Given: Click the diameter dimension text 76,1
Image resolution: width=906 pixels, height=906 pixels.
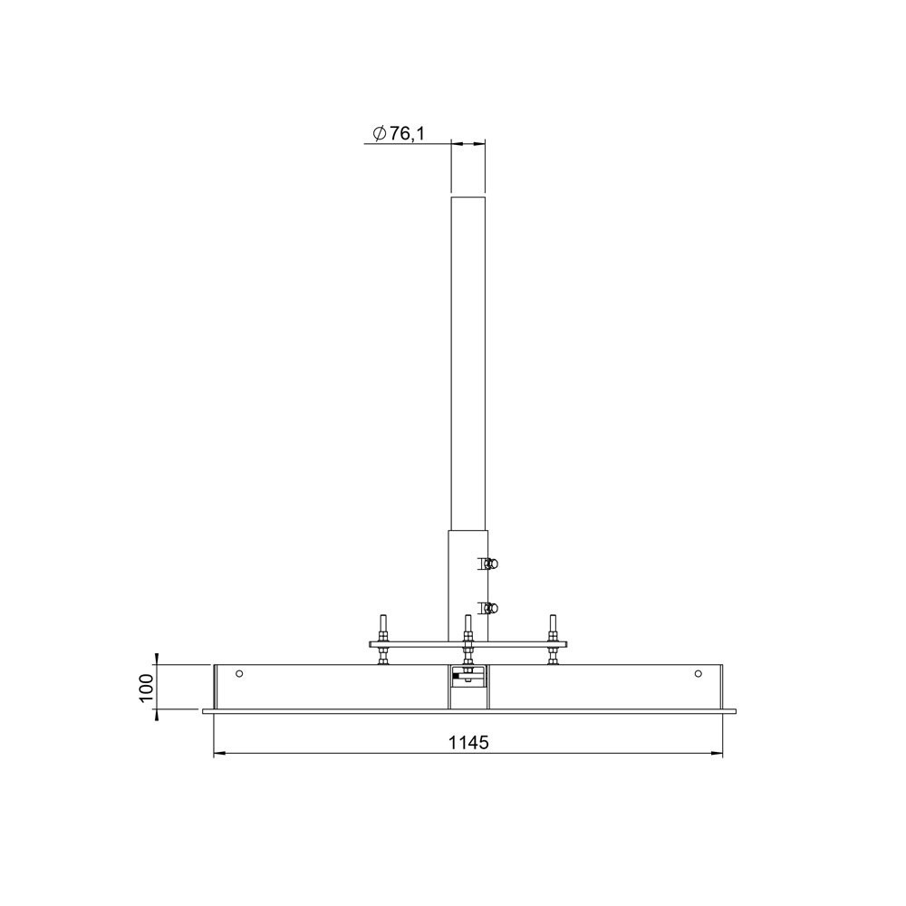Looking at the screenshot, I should click(407, 134).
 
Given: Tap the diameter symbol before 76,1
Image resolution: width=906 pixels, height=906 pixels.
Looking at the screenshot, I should click(379, 134).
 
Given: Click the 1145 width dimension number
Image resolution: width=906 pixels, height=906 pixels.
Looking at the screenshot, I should click(468, 743).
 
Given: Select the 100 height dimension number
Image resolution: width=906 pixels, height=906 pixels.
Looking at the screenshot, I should click(147, 688).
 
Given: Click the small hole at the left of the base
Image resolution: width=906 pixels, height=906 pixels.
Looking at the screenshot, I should click(239, 673).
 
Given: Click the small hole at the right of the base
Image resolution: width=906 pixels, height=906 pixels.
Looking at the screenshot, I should click(698, 673).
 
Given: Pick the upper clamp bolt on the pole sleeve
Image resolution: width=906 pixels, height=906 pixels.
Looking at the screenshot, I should click(488, 564).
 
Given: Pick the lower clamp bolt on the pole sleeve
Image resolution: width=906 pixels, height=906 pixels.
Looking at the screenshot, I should click(488, 608).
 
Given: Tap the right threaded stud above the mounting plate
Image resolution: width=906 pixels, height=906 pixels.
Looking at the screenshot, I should click(551, 627).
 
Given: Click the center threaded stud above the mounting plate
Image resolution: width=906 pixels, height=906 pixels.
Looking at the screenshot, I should click(467, 627).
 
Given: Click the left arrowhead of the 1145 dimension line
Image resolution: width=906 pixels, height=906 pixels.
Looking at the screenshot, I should click(218, 754).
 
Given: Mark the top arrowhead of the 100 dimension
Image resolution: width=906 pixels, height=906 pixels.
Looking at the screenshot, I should click(157, 659).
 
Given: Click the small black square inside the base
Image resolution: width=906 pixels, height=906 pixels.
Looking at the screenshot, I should click(455, 675).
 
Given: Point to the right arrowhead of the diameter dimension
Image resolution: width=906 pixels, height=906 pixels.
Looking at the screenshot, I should click(480, 143).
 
